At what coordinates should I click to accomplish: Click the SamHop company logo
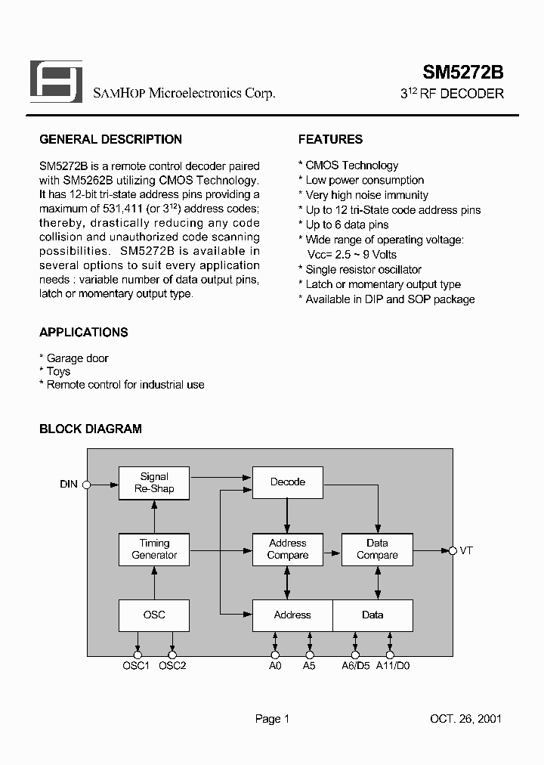click(x=56, y=82)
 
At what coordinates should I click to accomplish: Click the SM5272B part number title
click(x=462, y=73)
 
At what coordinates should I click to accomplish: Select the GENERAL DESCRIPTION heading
click(x=110, y=140)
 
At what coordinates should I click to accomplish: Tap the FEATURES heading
click(x=330, y=140)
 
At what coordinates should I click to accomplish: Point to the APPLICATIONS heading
click(x=83, y=333)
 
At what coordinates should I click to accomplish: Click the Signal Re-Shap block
click(x=154, y=483)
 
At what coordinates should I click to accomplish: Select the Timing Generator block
click(x=154, y=550)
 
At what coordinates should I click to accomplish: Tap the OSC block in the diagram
click(x=154, y=615)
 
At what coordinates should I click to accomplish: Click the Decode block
click(x=288, y=482)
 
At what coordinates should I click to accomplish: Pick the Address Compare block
click(x=288, y=550)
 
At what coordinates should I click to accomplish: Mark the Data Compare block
click(x=377, y=550)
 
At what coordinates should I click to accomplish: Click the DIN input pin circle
click(x=87, y=485)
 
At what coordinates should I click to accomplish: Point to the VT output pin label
click(x=466, y=551)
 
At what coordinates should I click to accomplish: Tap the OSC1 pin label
click(x=137, y=666)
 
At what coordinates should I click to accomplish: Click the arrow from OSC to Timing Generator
click(x=154, y=583)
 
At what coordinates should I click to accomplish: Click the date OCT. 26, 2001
click(x=465, y=719)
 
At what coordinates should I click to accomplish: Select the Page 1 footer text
click(x=272, y=719)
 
